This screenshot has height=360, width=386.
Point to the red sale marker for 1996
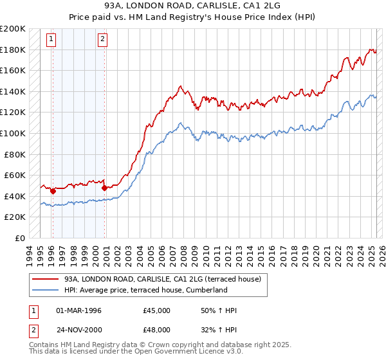[53, 190]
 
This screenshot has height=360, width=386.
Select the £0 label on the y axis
[20, 238]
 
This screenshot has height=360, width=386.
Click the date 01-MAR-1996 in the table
[79, 310]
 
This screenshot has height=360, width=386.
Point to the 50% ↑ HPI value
[219, 310]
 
